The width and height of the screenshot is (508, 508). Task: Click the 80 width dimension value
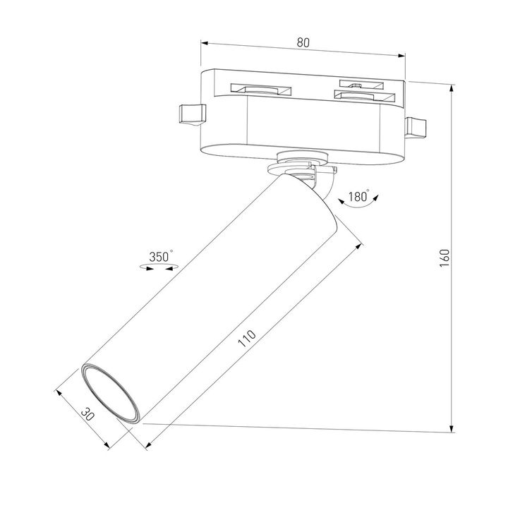(303, 43)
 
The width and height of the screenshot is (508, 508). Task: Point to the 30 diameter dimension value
(87, 415)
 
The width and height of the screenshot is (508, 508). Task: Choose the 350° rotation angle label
(160, 258)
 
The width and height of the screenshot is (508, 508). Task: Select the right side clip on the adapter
(416, 128)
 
